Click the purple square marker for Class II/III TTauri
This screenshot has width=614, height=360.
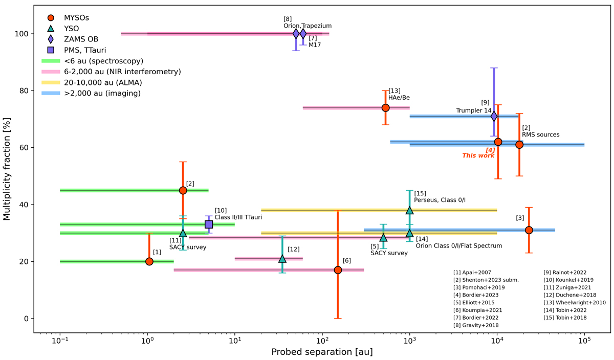coord(209,224)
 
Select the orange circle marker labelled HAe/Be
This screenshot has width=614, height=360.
coord(386,108)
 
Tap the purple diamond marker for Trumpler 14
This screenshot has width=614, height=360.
coord(494,116)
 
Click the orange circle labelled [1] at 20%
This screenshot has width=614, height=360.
coord(149,261)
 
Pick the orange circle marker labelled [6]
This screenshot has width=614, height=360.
coord(338,270)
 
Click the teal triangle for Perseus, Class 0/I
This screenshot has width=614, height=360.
coord(409,210)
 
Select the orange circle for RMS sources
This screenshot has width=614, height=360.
coord(519,145)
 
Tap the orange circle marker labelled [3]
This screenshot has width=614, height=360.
coord(529,230)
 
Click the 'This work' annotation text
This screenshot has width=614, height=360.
coord(478,155)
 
